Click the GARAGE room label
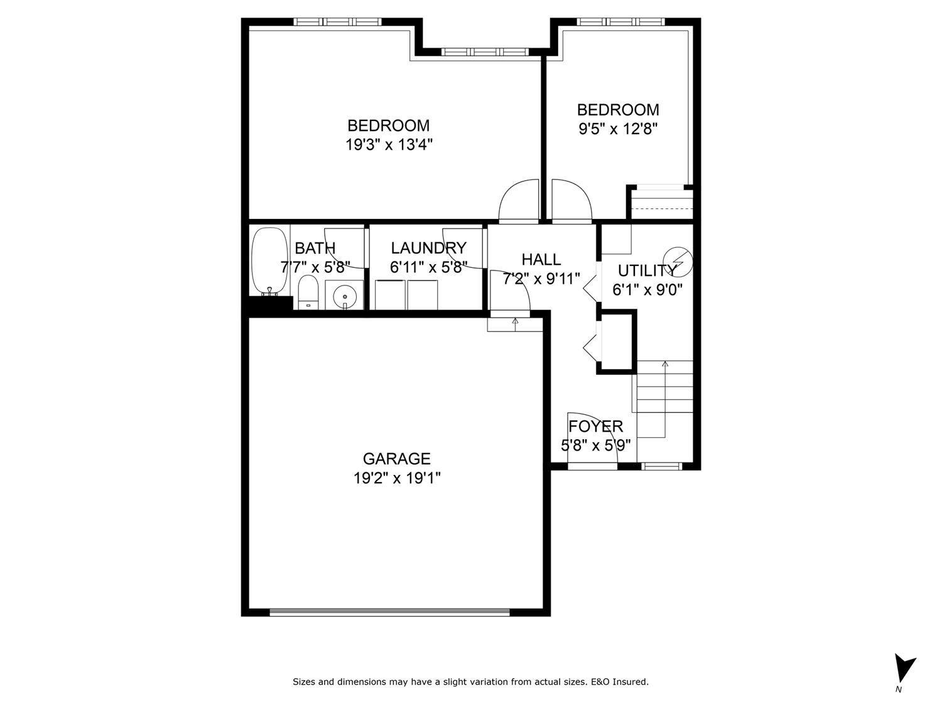pyautogui.click(x=396, y=459)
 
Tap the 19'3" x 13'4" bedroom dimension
pyautogui.click(x=389, y=145)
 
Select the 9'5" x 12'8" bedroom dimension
pyautogui.click(x=618, y=129)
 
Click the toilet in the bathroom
pyautogui.click(x=308, y=292)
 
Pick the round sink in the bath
pyautogui.click(x=344, y=296)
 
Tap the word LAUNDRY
pyautogui.click(x=428, y=248)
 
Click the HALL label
pyautogui.click(x=541, y=259)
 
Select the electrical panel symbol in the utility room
pyautogui.click(x=681, y=262)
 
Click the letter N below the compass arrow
pyautogui.click(x=899, y=690)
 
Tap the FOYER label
pyautogui.click(x=595, y=427)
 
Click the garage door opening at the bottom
pyautogui.click(x=389, y=611)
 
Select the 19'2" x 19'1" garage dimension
pyautogui.click(x=397, y=479)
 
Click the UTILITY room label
pyautogui.click(x=647, y=270)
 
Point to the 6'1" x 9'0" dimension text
pyautogui.click(x=647, y=290)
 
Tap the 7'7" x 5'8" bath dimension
pyautogui.click(x=315, y=267)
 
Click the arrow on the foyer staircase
pyautogui.click(x=664, y=364)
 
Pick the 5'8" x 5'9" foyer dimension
pyautogui.click(x=595, y=446)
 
